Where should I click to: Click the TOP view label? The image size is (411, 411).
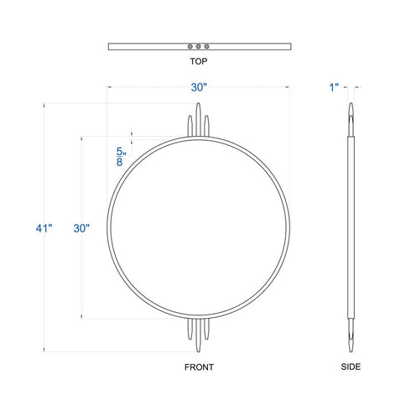tap(199, 61)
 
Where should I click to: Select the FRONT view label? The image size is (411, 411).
tap(199, 367)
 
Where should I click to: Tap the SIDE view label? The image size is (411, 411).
tap(351, 367)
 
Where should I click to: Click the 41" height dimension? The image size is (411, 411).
tap(44, 228)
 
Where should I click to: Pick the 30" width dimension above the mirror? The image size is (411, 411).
tap(199, 87)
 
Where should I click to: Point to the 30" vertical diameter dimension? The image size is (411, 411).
tap(81, 228)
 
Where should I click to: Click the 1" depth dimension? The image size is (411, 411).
tap(334, 87)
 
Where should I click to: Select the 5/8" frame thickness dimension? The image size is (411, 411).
tap(121, 157)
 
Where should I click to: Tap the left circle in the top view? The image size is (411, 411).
tap(190, 46)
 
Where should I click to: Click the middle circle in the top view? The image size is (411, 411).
tap(198, 46)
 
